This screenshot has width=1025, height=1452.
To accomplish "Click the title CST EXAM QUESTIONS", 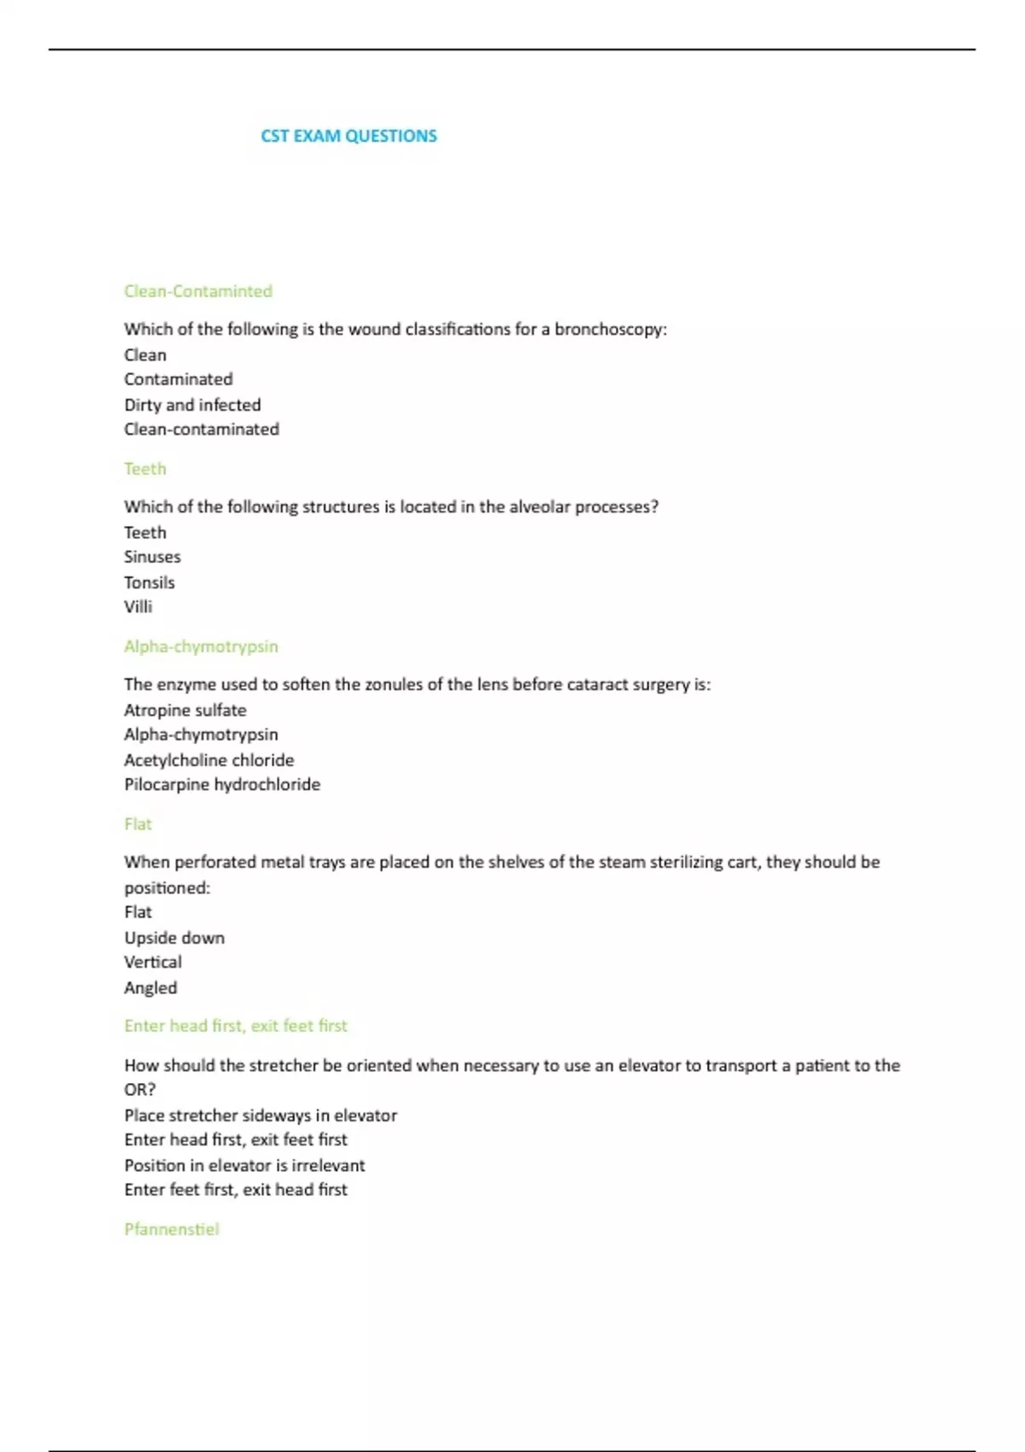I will click(x=348, y=136).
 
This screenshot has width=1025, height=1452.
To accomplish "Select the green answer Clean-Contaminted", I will click(x=198, y=291).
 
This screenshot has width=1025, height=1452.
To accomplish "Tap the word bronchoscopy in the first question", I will click(x=609, y=330).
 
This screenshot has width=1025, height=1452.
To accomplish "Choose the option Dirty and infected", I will click(x=192, y=405).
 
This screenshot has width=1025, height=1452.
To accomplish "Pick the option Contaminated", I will click(x=178, y=379).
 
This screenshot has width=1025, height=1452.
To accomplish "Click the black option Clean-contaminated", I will click(x=202, y=430).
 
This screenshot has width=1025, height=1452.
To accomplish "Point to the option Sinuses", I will click(x=152, y=557).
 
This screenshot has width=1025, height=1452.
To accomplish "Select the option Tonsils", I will click(x=149, y=583).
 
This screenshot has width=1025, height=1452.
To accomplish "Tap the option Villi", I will click(x=138, y=607).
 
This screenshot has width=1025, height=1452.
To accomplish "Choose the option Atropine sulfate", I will click(x=185, y=711).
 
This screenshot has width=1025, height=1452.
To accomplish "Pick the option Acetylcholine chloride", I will click(x=209, y=760).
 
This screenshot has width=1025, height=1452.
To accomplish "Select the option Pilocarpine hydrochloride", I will click(x=222, y=785).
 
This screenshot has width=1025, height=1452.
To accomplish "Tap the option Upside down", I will click(x=174, y=938).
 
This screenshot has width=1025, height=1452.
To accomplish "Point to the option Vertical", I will click(x=153, y=963).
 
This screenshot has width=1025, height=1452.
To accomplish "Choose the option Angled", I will click(x=150, y=988).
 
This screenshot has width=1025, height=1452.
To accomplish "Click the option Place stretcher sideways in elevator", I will click(x=261, y=1115).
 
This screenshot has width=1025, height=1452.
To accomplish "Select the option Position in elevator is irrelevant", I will click(x=244, y=1166).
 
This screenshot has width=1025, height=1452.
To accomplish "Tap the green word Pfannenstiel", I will click(x=172, y=1230).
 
